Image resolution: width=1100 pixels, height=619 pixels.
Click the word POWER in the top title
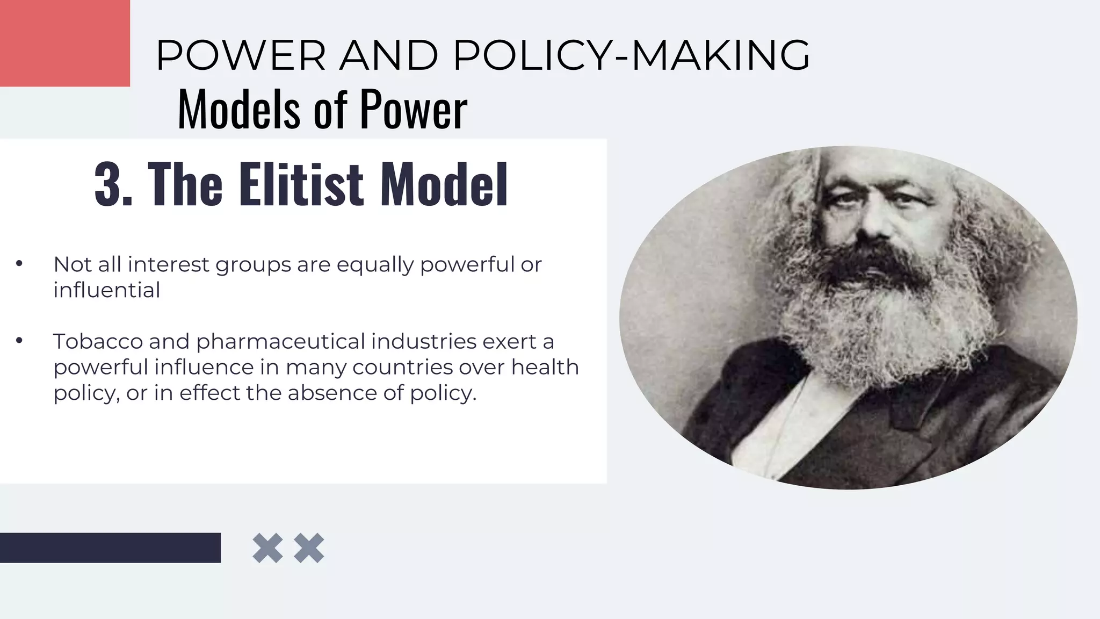tap(241, 55)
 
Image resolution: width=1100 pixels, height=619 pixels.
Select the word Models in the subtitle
tap(238, 110)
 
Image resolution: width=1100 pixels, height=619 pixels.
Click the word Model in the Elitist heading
tap(444, 184)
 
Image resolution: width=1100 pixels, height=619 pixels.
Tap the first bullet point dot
tap(19, 264)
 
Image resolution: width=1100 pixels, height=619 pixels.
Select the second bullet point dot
tap(19, 341)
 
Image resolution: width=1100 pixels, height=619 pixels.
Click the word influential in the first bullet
tap(106, 290)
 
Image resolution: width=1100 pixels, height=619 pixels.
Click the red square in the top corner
tap(64, 43)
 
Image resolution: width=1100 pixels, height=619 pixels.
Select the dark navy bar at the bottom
tap(110, 548)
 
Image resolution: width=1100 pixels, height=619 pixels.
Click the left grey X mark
tap(267, 548)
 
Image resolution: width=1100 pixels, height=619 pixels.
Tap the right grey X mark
tap(309, 548)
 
